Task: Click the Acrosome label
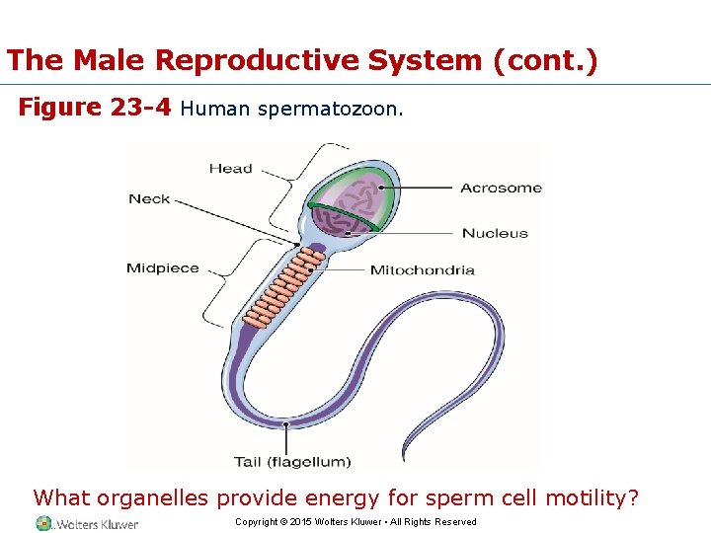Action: pos(501,188)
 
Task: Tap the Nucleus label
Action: pos(495,233)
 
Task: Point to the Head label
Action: pos(230,169)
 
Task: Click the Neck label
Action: pos(149,198)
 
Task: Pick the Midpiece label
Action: pos(163,267)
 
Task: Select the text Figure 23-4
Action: pos(96,108)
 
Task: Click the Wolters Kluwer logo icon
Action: pos(43,523)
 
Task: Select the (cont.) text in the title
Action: pos(545,61)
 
